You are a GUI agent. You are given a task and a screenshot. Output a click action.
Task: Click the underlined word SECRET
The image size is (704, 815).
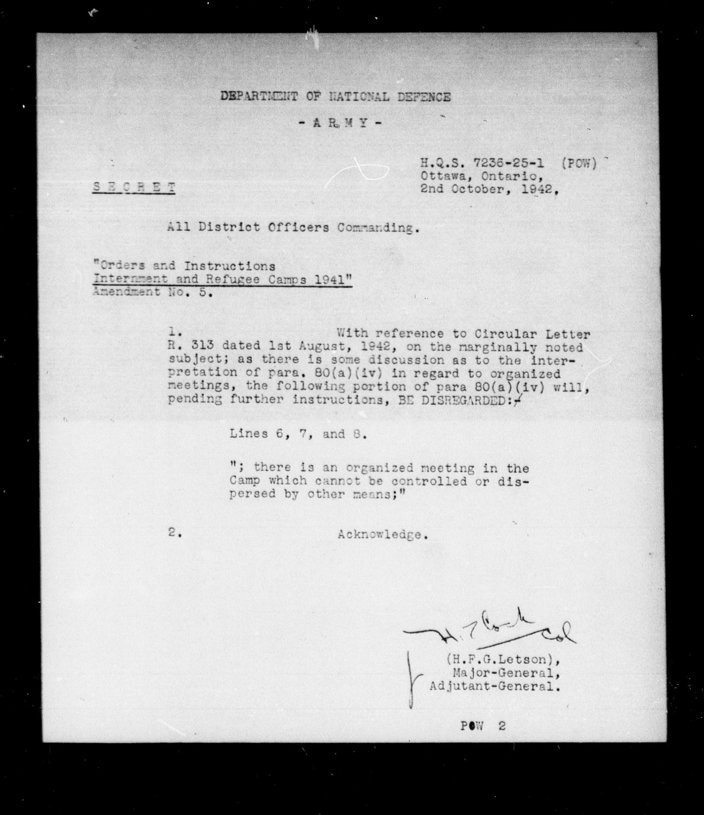pyautogui.click(x=134, y=188)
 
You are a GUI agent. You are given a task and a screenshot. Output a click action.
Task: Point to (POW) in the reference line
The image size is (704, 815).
pyautogui.click(x=579, y=164)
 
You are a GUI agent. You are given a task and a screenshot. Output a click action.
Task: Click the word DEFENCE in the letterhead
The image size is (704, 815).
pyautogui.click(x=424, y=97)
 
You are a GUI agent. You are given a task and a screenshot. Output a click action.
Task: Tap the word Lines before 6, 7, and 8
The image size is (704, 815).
pyautogui.click(x=248, y=433)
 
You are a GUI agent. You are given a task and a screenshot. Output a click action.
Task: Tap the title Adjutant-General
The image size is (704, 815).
pyautogui.click(x=495, y=686)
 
